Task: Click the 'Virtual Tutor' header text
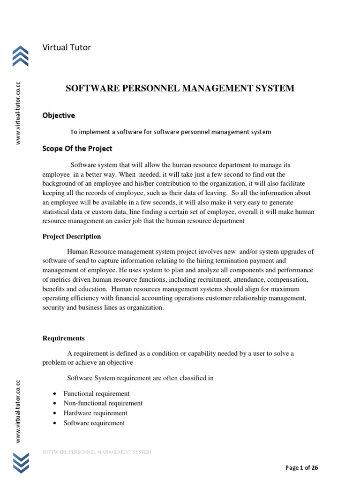click(x=67, y=47)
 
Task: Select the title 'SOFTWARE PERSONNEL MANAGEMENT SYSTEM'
click(x=180, y=88)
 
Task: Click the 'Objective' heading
click(x=59, y=115)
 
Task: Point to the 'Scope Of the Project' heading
click(x=77, y=149)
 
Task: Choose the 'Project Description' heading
click(x=72, y=236)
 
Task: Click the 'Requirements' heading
click(x=64, y=337)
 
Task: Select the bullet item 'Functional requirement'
click(x=97, y=394)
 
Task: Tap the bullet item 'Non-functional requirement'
click(x=103, y=403)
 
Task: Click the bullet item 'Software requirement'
click(x=94, y=423)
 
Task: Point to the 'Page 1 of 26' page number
click(x=302, y=467)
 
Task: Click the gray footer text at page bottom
click(x=97, y=452)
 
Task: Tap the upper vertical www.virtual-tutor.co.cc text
click(x=18, y=113)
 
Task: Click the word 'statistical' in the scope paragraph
click(x=57, y=211)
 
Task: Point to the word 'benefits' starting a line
click(x=53, y=289)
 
